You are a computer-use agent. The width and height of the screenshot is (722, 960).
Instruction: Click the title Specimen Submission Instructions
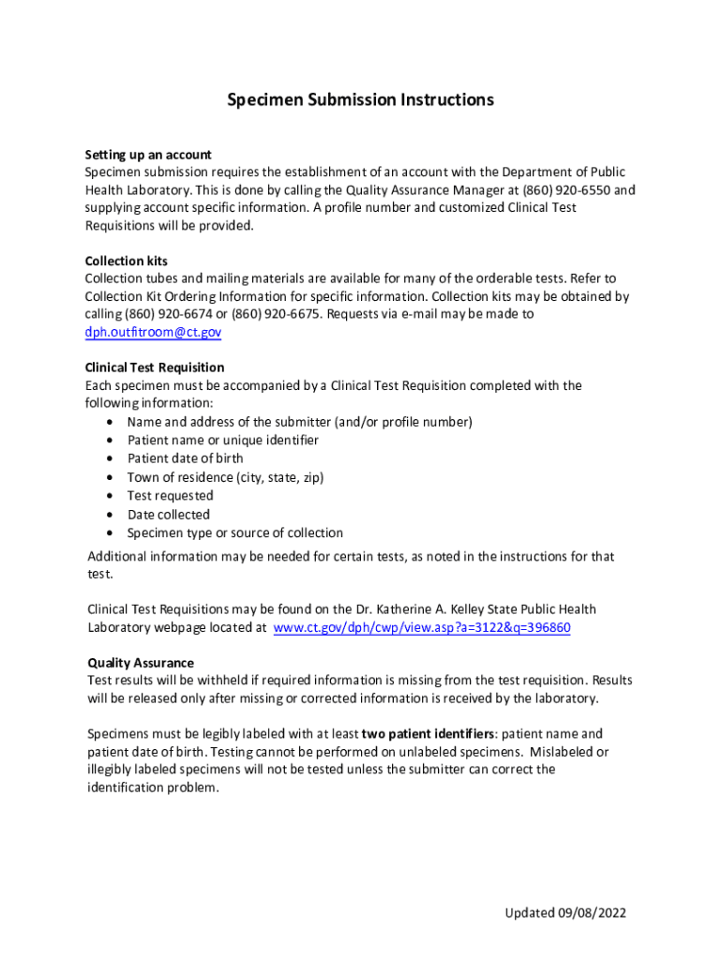pos(360,100)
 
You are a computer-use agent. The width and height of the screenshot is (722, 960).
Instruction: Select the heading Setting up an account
pos(148,154)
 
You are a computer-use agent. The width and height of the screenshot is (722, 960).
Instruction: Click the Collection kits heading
pos(127,261)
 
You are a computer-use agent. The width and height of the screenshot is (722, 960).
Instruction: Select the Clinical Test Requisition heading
pos(155,367)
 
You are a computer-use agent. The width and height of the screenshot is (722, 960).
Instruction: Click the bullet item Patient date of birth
pos(185,458)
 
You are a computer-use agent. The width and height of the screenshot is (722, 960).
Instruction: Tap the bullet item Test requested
pos(170,495)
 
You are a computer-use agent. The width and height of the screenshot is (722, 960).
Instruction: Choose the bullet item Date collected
pos(169,514)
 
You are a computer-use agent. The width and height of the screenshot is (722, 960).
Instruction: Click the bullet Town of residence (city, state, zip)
pos(225,477)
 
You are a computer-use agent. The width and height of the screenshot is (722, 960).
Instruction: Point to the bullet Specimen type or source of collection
pos(234,532)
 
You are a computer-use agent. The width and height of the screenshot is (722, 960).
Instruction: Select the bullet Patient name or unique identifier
pos(222,440)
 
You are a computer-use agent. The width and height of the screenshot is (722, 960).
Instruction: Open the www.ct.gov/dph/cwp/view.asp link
pos(421,628)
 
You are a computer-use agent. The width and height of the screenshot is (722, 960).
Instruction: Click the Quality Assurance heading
pos(141,662)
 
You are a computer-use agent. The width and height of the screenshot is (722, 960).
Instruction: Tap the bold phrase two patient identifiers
pos(428,734)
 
